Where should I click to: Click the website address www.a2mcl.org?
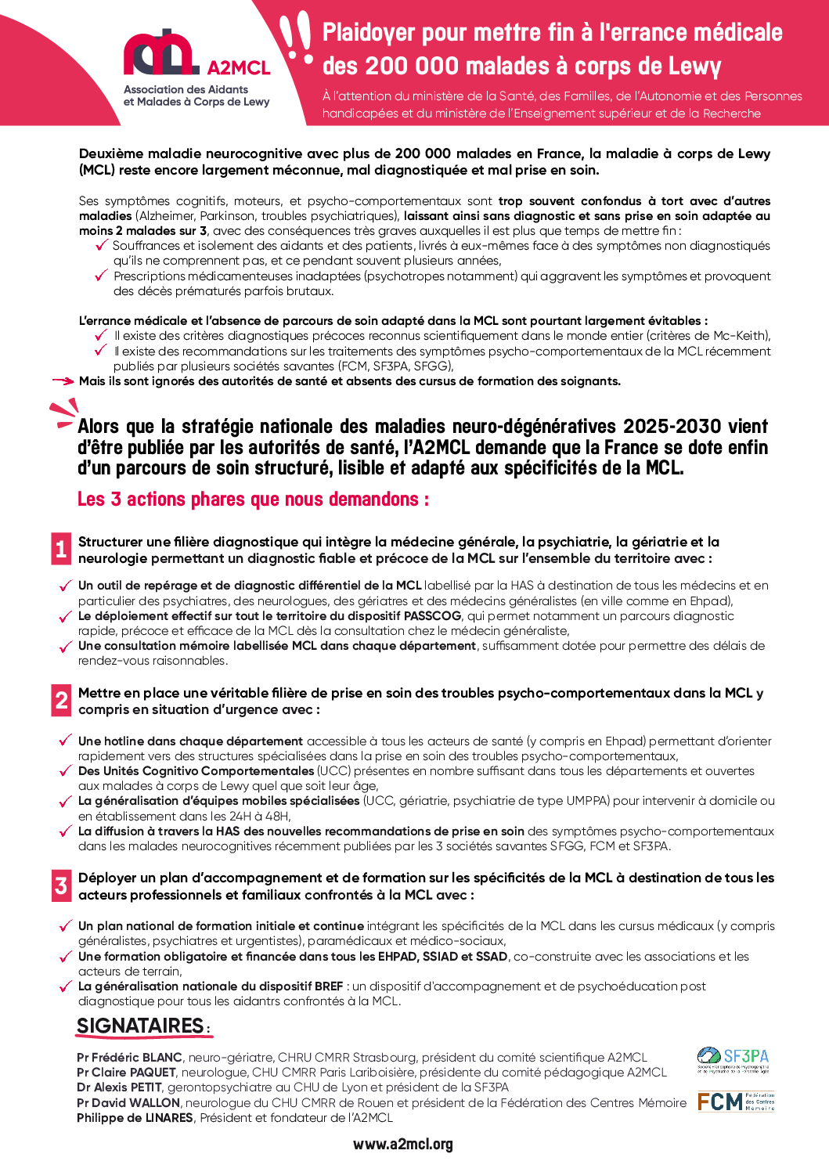pyautogui.click(x=402, y=1144)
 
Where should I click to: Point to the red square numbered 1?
pyautogui.click(x=61, y=549)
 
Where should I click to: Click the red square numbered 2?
pyautogui.click(x=61, y=700)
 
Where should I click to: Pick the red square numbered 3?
pyautogui.click(x=61, y=885)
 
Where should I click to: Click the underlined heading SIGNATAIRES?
pyautogui.click(x=141, y=1026)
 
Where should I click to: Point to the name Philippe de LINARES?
pyautogui.click(x=135, y=1117)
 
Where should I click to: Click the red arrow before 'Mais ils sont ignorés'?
pyautogui.click(x=63, y=381)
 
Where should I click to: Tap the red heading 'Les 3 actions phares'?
pyautogui.click(x=253, y=499)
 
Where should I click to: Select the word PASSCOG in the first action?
pyautogui.click(x=432, y=615)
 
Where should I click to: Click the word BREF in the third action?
pyautogui.click(x=329, y=986)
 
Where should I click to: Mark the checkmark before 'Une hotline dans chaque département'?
pyautogui.click(x=66, y=741)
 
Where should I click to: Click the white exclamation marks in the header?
pyautogui.click(x=297, y=38)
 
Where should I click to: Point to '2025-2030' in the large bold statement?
pyautogui.click(x=672, y=427)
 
